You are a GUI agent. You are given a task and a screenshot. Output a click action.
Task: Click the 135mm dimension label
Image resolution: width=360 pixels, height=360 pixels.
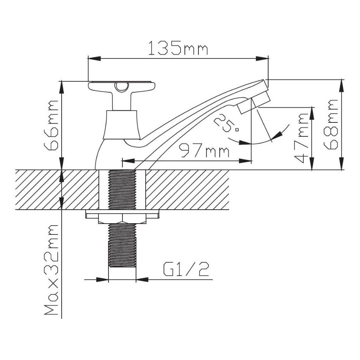click(x=178, y=48)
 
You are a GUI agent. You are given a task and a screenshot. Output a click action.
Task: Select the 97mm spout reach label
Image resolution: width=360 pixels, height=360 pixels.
click(x=204, y=150)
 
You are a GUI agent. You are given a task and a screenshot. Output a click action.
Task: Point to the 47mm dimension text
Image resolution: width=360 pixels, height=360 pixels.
click(x=301, y=137)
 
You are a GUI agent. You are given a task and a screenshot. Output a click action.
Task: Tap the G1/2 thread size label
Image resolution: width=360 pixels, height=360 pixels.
click(x=186, y=269)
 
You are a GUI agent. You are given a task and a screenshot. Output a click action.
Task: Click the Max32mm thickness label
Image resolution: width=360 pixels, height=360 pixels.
click(x=51, y=270)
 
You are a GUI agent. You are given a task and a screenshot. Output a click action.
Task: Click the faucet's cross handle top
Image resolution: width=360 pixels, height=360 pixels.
click(x=122, y=86)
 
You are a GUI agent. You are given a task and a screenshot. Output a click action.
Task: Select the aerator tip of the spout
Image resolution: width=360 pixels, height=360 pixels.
click(x=254, y=102)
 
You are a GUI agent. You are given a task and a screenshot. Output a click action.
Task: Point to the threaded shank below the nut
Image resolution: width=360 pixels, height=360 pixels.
click(x=122, y=245)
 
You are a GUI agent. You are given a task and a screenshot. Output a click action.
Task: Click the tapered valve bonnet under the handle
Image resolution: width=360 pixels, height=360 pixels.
click(x=121, y=125)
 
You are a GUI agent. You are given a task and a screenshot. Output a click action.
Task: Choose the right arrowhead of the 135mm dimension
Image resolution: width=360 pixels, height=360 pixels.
click(x=262, y=59)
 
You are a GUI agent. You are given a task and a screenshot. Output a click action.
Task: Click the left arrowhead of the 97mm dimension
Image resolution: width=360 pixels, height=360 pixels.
click(x=129, y=161)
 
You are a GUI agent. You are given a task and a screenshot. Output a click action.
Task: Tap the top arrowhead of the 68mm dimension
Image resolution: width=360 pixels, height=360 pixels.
click(x=342, y=86)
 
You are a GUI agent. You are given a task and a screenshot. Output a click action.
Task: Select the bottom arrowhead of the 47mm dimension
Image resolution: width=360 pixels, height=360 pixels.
click(x=312, y=164)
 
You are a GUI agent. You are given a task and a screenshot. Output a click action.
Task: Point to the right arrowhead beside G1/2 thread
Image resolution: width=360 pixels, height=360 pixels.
click(x=142, y=279)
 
